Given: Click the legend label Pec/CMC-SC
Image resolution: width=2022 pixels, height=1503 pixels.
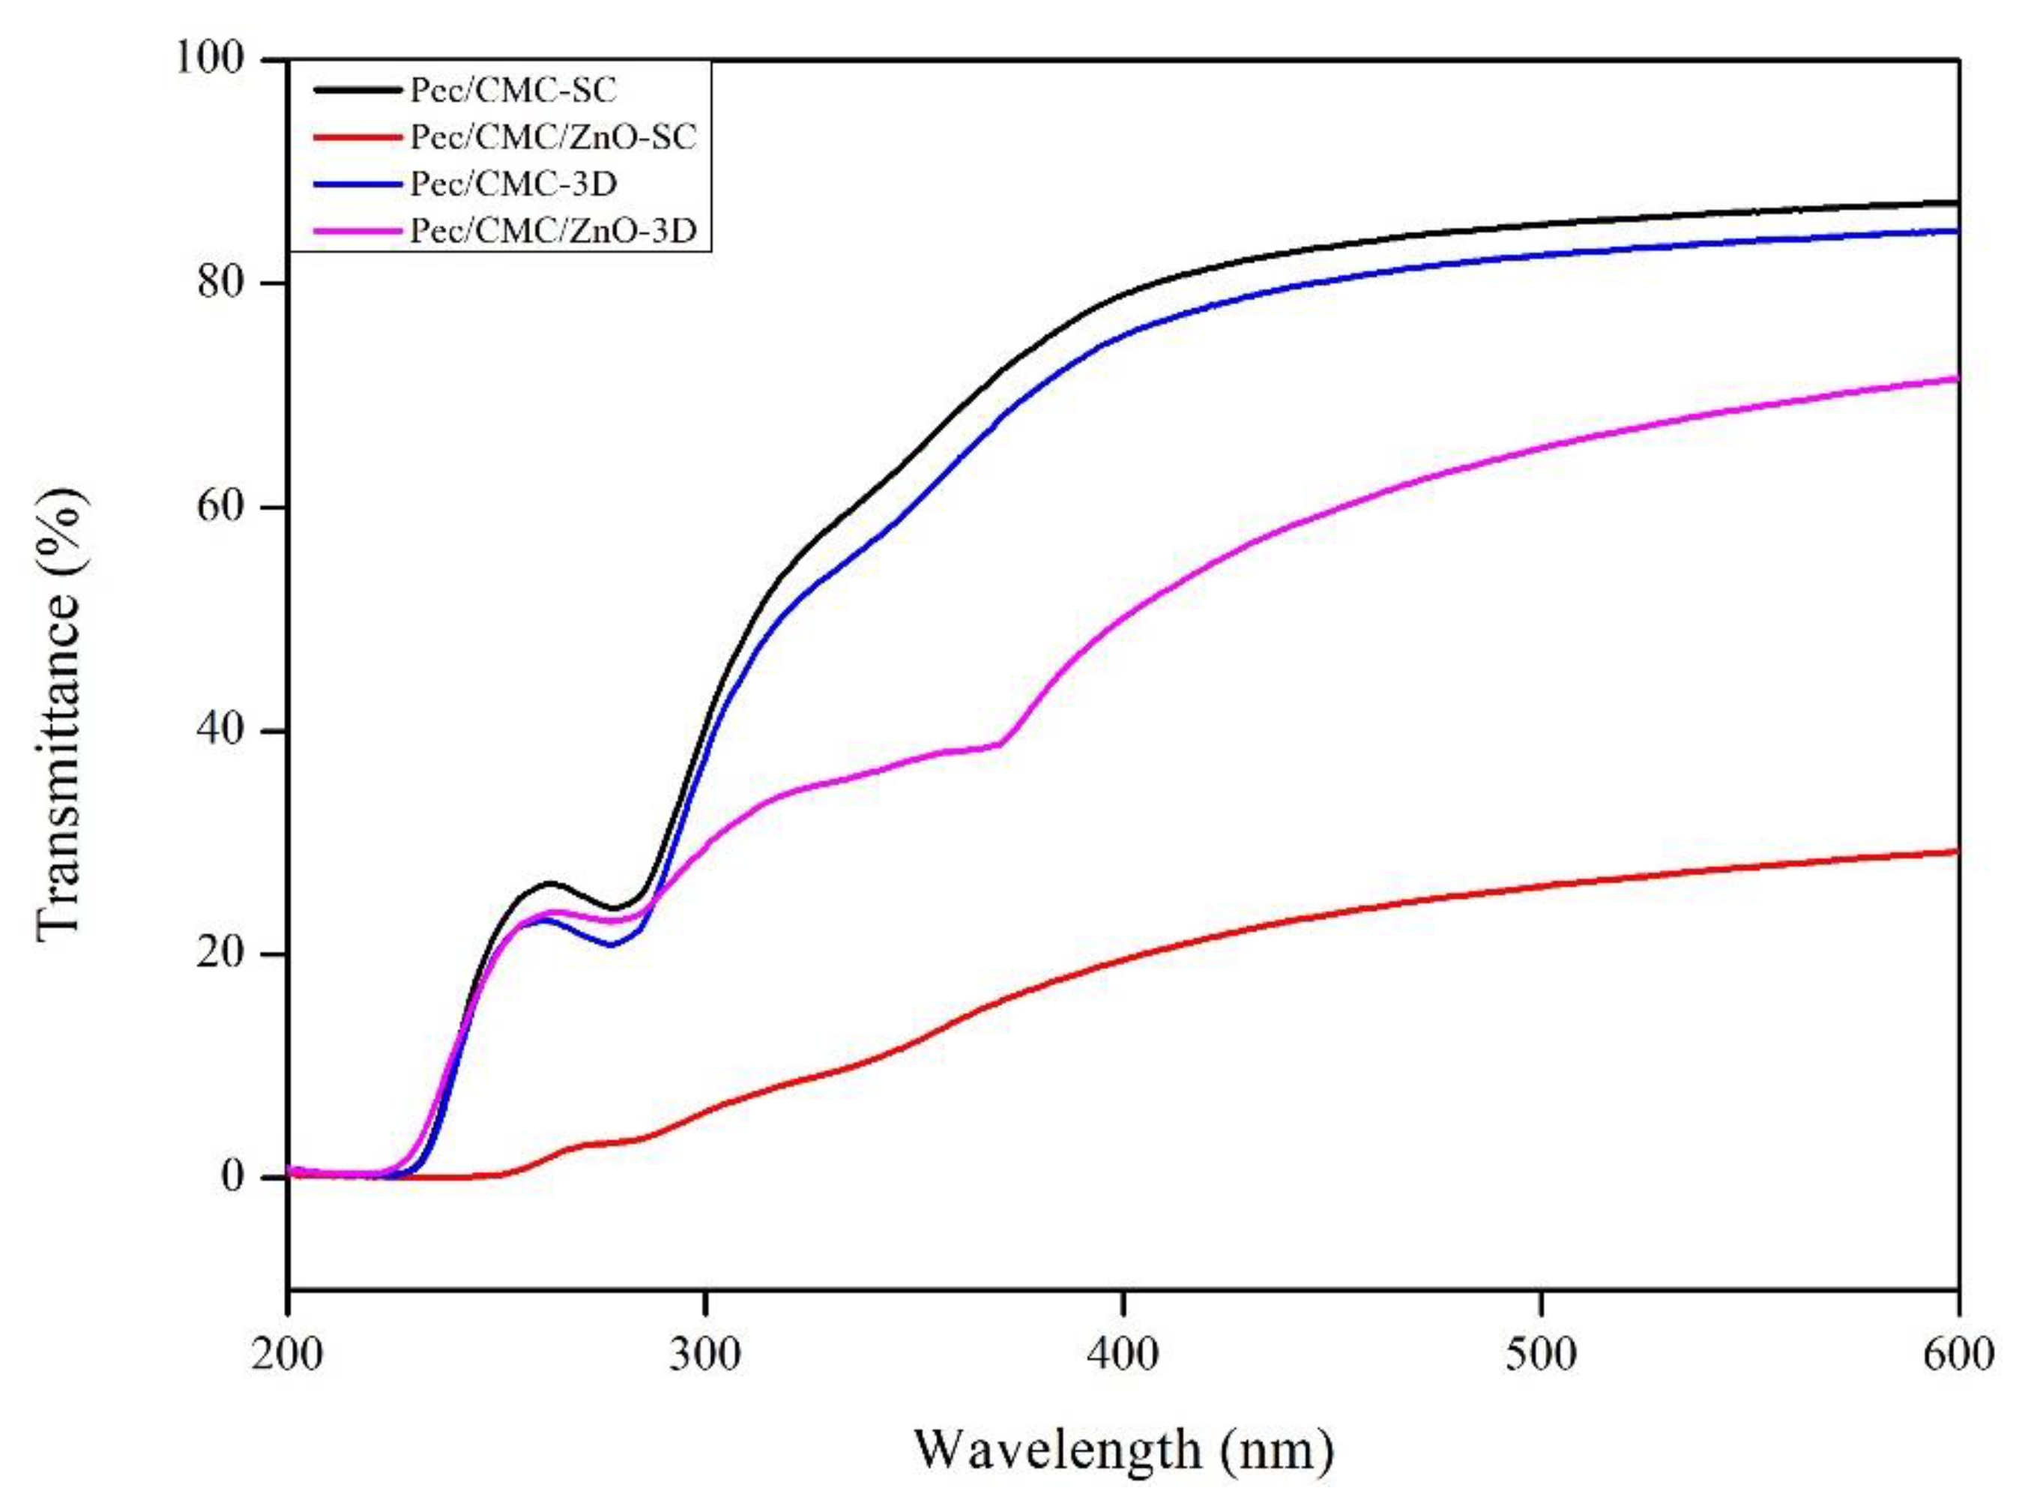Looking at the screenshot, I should (513, 90).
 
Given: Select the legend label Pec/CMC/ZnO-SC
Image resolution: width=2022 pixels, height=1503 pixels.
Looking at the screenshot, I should (553, 136).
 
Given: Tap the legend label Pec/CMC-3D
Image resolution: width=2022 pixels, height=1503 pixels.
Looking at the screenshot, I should (513, 184).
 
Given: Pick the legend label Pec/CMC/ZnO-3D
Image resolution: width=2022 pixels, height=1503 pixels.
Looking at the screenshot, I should (553, 231).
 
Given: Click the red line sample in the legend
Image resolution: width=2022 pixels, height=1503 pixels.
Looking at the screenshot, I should (357, 136).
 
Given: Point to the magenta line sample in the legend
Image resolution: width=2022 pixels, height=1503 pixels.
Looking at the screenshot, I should (357, 231).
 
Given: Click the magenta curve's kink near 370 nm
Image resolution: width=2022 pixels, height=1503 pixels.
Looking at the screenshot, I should (1001, 744).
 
